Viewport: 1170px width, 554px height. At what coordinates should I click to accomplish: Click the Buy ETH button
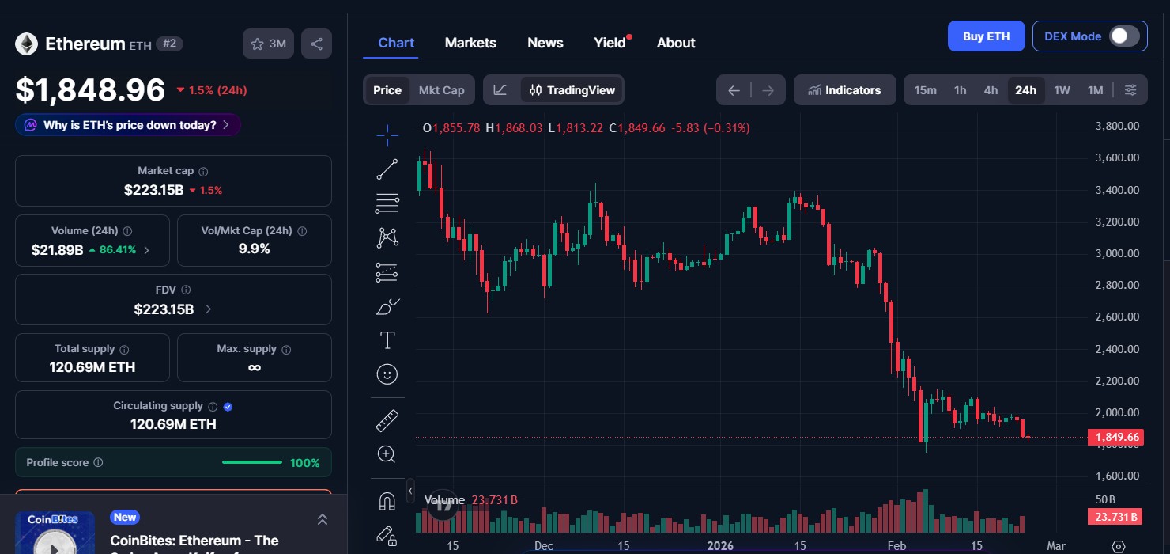(986, 36)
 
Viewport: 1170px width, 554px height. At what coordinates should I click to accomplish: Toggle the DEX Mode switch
(1124, 36)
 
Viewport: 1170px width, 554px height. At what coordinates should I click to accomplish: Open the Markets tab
(470, 43)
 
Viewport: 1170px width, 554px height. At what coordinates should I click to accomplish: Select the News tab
(545, 43)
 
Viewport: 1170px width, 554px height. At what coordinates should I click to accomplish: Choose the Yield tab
(610, 43)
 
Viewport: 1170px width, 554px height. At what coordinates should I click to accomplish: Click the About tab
(676, 43)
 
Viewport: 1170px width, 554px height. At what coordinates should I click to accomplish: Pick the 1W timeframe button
(1062, 90)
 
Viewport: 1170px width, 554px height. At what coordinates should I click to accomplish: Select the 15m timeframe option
(925, 90)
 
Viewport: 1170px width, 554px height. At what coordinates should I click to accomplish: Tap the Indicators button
(844, 90)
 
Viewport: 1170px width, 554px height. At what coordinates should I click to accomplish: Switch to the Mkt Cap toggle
(441, 90)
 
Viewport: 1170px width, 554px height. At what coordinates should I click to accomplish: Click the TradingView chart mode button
(572, 90)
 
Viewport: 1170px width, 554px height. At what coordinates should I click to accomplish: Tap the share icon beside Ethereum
(316, 44)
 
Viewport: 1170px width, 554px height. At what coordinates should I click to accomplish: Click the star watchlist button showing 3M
(269, 44)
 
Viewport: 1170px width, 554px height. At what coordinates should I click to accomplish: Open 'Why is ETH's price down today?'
(128, 125)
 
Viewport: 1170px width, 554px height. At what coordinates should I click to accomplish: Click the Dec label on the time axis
(543, 546)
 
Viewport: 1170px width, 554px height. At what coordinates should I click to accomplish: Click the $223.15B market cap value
(153, 190)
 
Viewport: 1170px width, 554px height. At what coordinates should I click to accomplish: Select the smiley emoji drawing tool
(387, 374)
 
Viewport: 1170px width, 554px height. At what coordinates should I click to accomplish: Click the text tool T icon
(387, 340)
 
